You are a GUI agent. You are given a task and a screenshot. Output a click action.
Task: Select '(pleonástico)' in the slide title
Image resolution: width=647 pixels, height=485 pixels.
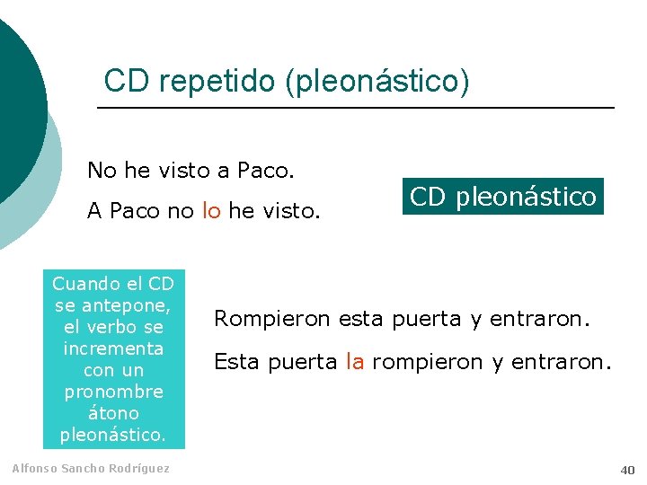tap(377, 82)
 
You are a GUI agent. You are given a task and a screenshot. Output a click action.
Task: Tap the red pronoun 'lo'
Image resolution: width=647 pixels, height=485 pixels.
tap(211, 211)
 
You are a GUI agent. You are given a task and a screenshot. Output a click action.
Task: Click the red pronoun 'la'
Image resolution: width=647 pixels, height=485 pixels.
tap(354, 362)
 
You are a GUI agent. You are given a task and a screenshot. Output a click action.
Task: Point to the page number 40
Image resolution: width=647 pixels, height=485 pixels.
tap(626, 470)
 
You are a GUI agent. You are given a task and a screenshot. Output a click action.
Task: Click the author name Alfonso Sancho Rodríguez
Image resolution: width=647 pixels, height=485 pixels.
tap(90, 469)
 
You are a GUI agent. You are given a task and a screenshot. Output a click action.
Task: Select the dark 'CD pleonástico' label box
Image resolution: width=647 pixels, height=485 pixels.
tap(503, 197)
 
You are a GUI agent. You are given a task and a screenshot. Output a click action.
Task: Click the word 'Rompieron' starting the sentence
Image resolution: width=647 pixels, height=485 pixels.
tap(261, 319)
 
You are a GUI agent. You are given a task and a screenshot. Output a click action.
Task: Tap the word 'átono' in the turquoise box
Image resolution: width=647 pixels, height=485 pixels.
tap(114, 413)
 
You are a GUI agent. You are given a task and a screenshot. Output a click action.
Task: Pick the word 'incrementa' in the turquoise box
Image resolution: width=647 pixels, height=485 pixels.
tap(113, 348)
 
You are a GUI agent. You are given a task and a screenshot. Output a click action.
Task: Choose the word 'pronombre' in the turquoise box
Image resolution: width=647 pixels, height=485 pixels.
tap(113, 392)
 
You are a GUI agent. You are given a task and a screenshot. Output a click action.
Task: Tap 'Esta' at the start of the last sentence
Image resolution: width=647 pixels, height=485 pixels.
tap(235, 362)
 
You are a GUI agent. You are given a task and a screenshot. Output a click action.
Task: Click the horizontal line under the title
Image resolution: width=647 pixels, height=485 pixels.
tap(355, 109)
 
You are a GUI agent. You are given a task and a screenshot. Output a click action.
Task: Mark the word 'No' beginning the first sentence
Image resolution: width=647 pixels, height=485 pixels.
tap(100, 169)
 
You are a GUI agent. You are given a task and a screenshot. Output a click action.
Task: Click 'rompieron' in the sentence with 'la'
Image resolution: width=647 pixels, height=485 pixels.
tap(415, 362)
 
